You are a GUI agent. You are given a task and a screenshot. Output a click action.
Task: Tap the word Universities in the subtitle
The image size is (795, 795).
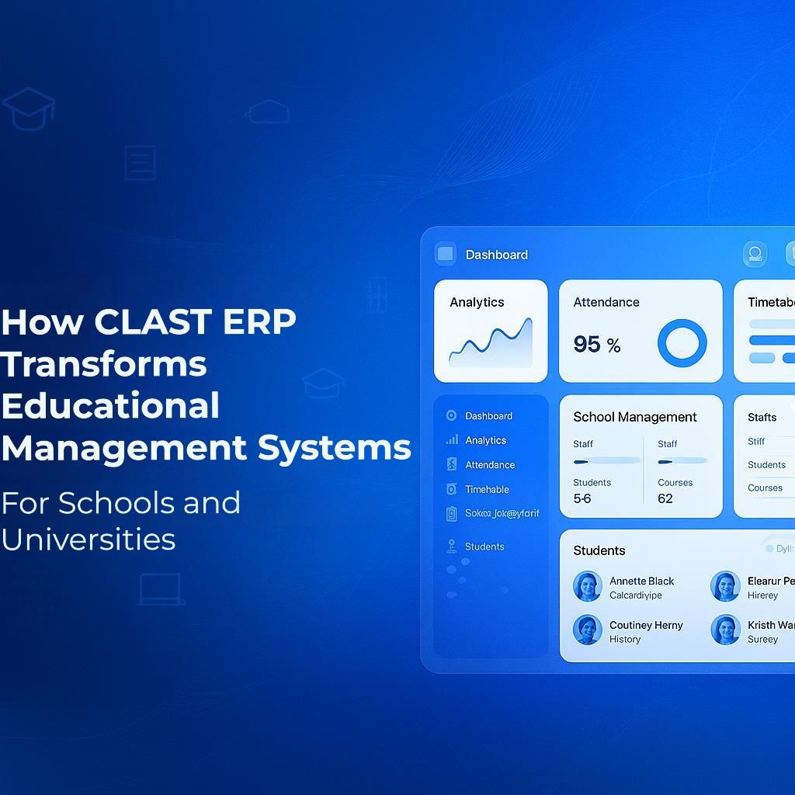[89, 539]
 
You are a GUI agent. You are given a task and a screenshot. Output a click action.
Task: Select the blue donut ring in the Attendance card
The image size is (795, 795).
[682, 342]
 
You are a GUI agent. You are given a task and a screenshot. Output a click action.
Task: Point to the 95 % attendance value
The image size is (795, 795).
[596, 344]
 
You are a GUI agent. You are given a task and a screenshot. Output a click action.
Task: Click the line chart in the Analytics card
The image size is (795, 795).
[491, 342]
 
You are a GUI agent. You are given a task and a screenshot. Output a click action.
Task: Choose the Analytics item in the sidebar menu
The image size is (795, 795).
[485, 440]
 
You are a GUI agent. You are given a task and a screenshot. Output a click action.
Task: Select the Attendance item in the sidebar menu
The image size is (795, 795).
[489, 465]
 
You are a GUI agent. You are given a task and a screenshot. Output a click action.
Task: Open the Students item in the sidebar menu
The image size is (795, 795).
[484, 547]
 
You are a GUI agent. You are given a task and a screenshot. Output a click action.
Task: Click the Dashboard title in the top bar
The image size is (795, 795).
[496, 255]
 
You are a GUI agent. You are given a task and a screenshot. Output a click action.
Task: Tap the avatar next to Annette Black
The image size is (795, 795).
[588, 587]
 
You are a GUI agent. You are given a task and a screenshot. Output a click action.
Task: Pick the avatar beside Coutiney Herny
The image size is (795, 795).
[588, 630]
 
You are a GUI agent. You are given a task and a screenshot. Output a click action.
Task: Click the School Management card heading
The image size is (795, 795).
[635, 417]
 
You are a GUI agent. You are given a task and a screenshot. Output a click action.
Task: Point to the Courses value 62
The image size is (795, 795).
[665, 498]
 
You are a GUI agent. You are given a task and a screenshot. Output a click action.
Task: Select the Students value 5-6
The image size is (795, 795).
[582, 498]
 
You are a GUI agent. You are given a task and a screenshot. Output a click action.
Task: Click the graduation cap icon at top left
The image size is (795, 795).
[29, 109]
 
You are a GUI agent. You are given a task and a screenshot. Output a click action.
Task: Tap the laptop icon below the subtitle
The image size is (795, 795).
[161, 589]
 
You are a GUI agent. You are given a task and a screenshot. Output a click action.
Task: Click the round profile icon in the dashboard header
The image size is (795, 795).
[755, 254]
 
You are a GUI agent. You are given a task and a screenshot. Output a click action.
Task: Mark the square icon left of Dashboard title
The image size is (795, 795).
[446, 254]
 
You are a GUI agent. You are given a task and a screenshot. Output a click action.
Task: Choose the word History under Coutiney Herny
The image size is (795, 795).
[625, 639]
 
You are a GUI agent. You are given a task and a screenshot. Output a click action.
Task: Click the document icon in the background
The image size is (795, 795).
[140, 163]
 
